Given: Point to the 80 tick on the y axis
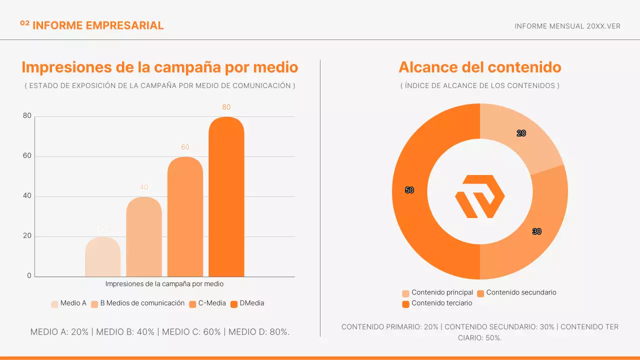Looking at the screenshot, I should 27,116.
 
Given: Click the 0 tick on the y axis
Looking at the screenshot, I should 29,276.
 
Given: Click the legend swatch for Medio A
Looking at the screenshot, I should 54,304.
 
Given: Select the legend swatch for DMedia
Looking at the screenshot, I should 234,304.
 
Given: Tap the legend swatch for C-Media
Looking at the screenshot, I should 192,304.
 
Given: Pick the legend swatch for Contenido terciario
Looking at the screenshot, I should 405,304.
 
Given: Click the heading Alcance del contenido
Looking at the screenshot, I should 479,67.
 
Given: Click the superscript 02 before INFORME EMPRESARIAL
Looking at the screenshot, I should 24,23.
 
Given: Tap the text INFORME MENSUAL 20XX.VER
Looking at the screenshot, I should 567,26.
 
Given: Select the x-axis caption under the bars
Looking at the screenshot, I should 164,284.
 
